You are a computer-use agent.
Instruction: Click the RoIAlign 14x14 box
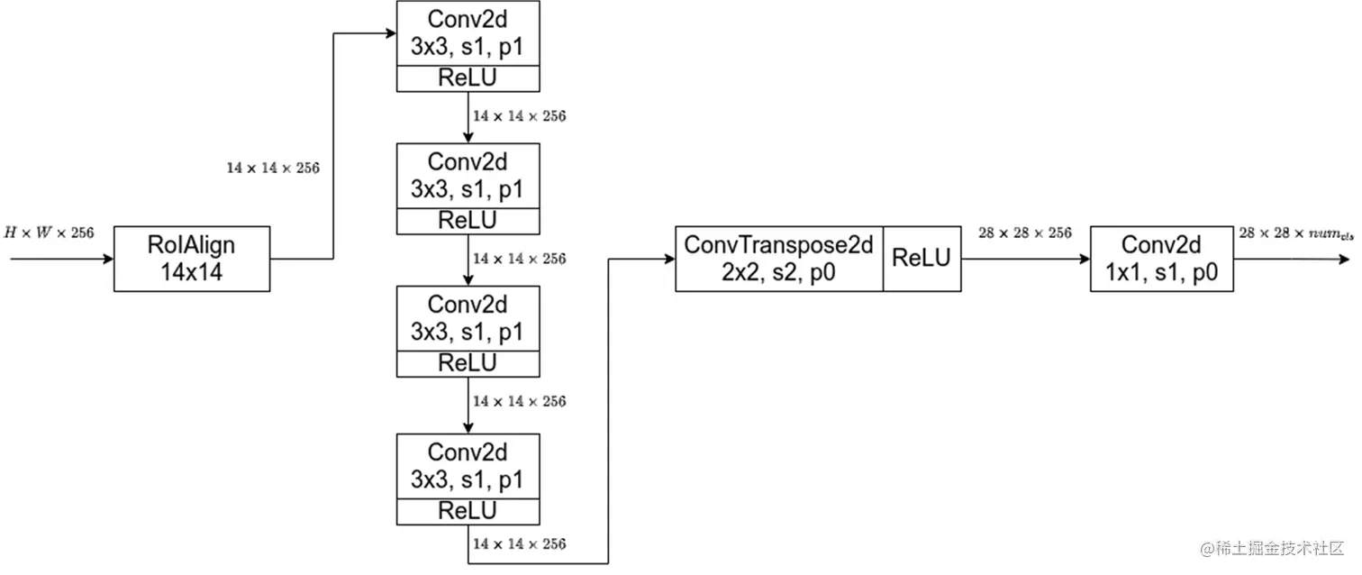point(192,259)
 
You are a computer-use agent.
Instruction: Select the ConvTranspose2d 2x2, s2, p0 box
point(779,259)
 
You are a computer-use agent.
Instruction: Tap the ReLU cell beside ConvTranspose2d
point(922,259)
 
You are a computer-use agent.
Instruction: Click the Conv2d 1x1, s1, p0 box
point(1160,259)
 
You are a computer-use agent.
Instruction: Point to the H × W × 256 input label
point(49,233)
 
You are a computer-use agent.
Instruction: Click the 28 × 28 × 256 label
point(1025,233)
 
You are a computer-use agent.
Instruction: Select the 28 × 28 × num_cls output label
point(1295,233)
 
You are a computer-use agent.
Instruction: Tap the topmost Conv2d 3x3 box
point(468,33)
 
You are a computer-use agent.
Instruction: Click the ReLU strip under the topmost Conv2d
point(468,78)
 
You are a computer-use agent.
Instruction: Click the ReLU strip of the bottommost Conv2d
point(468,511)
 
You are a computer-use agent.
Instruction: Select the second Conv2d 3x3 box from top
point(468,176)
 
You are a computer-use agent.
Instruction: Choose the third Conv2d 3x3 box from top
point(468,318)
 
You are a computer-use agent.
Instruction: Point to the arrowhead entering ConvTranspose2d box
point(669,259)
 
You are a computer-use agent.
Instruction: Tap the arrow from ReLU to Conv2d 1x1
point(1025,259)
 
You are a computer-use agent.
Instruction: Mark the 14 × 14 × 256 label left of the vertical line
point(273,168)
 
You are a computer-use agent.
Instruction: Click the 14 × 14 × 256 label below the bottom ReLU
point(519,544)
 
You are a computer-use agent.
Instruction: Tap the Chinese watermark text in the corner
point(1270,548)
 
